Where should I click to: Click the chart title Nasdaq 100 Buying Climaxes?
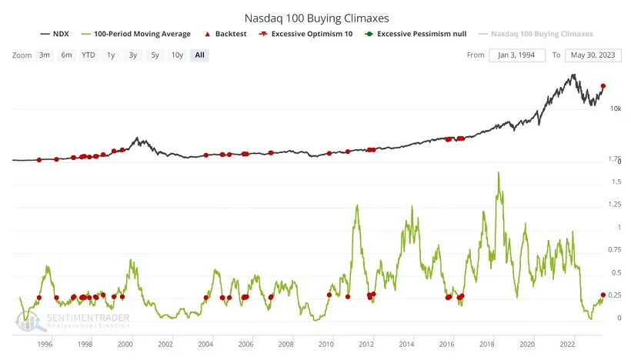pyautogui.click(x=315, y=16)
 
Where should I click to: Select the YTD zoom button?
pyautogui.click(x=88, y=55)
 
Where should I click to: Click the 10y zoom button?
pyautogui.click(x=177, y=55)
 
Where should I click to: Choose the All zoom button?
pyautogui.click(x=200, y=55)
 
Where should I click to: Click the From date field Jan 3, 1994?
pyautogui.click(x=517, y=55)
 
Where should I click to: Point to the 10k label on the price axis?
pyautogui.click(x=615, y=108)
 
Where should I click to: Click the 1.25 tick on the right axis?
pyautogui.click(x=613, y=204)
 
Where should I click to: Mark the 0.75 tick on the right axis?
pyautogui.click(x=613, y=249)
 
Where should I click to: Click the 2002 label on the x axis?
pyautogui.click(x=165, y=344)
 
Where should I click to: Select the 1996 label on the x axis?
pyautogui.click(x=44, y=344)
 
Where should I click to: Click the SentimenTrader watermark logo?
pyautogui.click(x=73, y=320)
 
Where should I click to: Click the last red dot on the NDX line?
pyautogui.click(x=603, y=86)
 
